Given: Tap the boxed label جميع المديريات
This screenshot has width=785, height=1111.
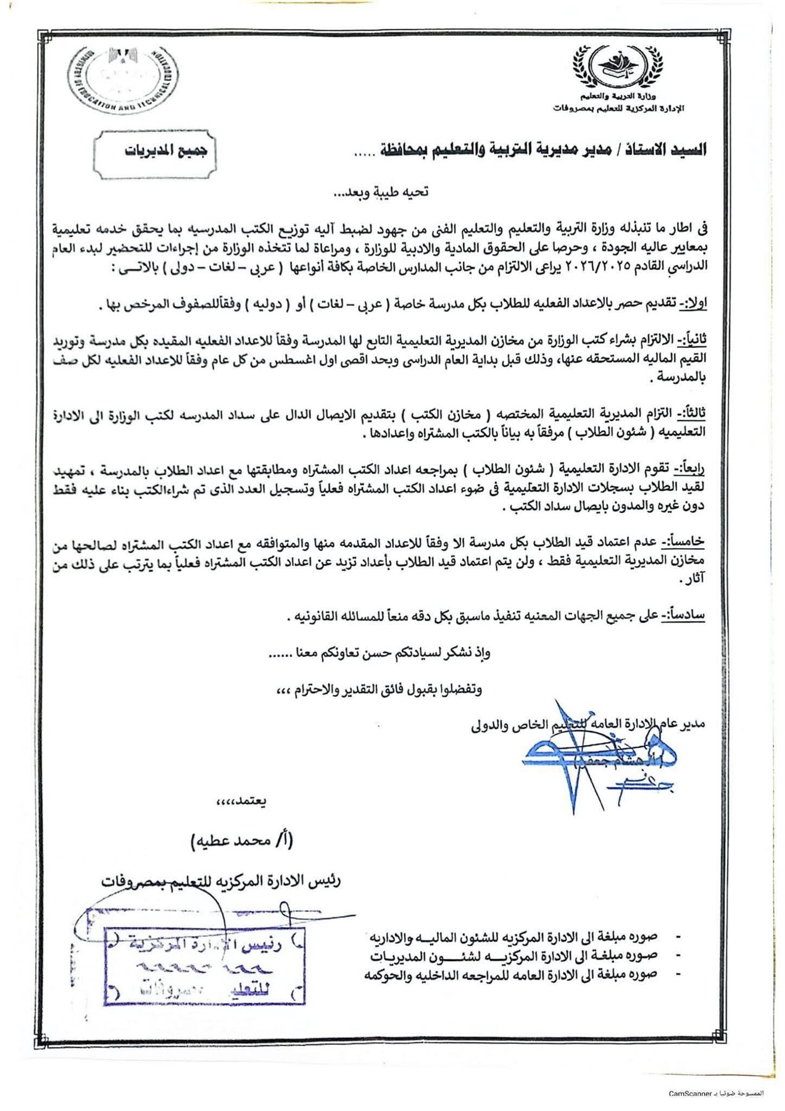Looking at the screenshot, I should (x=156, y=151).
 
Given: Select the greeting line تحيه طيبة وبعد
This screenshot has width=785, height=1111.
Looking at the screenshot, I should (x=381, y=192).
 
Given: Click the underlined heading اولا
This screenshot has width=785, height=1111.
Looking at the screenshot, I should (x=691, y=304).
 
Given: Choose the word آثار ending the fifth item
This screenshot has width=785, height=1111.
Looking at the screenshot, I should (x=692, y=580).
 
